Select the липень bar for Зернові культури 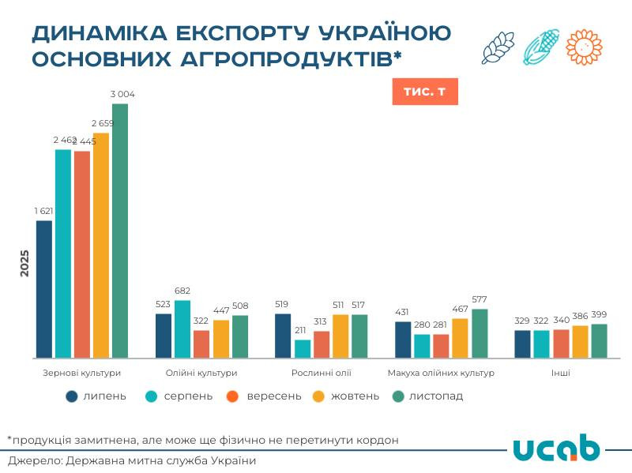pyautogui.click(x=44, y=289)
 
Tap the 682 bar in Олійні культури pyautogui.click(x=182, y=328)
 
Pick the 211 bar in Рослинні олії pyautogui.click(x=303, y=348)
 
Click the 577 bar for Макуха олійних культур pyautogui.click(x=480, y=333)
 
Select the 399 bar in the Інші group pyautogui.click(x=599, y=340)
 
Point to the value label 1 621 pyautogui.click(x=44, y=211)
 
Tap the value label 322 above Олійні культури pyautogui.click(x=201, y=321)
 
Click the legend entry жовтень pyautogui.click(x=355, y=396)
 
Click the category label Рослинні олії pyautogui.click(x=322, y=373)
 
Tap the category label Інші pyautogui.click(x=561, y=373)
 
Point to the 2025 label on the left pyautogui.click(x=24, y=263)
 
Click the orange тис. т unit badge pyautogui.click(x=425, y=92)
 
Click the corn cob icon pyautogui.click(x=541, y=47)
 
